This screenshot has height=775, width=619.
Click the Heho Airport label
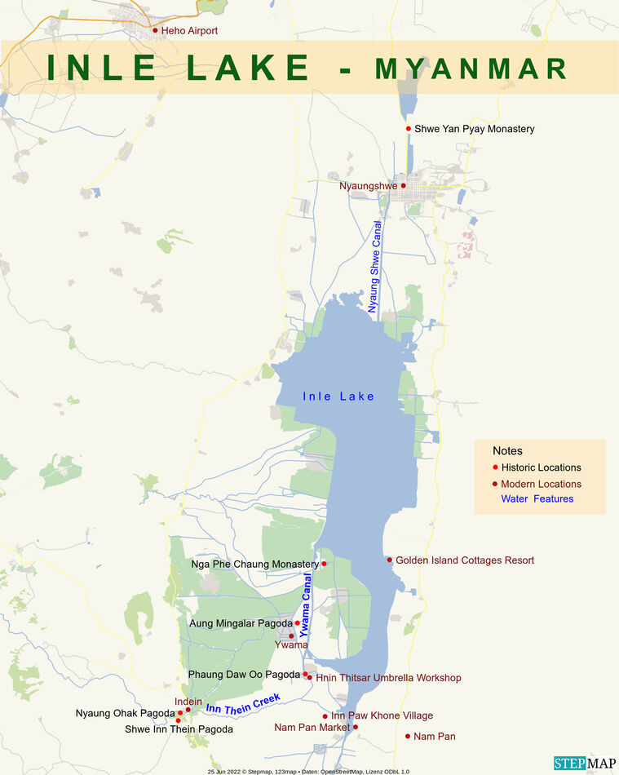click(x=190, y=31)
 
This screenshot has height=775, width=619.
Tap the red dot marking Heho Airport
click(x=155, y=30)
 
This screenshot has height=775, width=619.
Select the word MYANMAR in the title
click(x=471, y=69)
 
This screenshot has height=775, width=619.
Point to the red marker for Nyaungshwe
click(x=403, y=186)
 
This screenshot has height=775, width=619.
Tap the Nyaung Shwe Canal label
click(x=374, y=267)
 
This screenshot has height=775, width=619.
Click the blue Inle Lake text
click(x=338, y=396)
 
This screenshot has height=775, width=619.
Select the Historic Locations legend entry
click(x=541, y=467)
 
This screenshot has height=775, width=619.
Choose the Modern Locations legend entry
click(x=541, y=484)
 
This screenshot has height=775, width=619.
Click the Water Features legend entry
click(x=537, y=498)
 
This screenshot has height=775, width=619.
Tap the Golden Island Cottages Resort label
click(x=464, y=560)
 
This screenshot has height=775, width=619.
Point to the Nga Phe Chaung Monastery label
click(x=254, y=565)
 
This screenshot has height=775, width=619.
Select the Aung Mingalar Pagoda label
click(x=240, y=623)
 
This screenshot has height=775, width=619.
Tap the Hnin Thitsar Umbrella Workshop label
click(x=387, y=678)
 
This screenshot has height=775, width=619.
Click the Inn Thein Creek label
click(x=243, y=703)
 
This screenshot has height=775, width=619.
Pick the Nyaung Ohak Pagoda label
click(x=125, y=714)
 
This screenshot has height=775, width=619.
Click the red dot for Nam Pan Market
click(x=355, y=727)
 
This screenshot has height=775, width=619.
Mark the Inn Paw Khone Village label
click(x=382, y=715)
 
